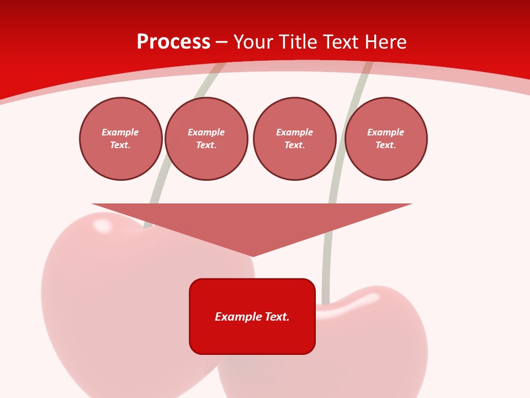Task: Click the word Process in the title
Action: click(x=173, y=42)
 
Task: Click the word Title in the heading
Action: click(x=296, y=42)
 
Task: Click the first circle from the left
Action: click(x=121, y=139)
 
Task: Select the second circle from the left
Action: click(x=206, y=139)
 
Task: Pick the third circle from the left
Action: click(x=295, y=139)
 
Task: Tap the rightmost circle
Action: click(x=386, y=139)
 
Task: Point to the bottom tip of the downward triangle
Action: click(x=252, y=255)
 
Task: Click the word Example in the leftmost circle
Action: click(x=120, y=132)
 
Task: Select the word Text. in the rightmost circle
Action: click(x=386, y=145)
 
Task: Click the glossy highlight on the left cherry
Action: click(x=102, y=225)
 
